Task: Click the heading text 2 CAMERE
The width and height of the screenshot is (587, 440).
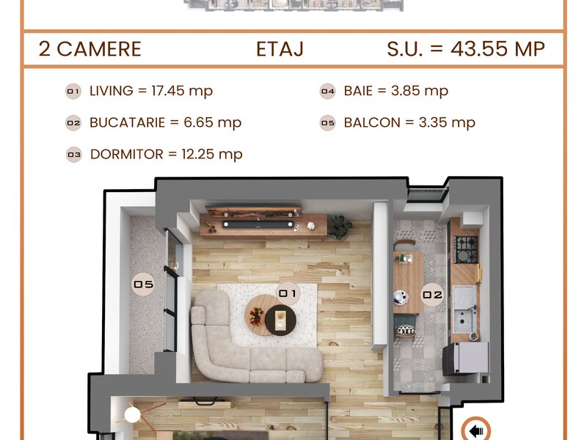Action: click(x=90, y=49)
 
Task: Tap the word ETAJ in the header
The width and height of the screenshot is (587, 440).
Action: click(x=280, y=49)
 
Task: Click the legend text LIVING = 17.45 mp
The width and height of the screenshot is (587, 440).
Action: click(x=151, y=91)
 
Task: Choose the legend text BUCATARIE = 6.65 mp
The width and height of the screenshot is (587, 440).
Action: click(x=166, y=122)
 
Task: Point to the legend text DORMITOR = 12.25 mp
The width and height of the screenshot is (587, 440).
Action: click(x=167, y=154)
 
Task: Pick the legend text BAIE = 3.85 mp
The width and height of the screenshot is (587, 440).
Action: click(x=396, y=91)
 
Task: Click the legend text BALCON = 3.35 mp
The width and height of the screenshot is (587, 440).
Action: click(x=409, y=122)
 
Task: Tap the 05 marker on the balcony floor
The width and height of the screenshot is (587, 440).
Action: click(x=143, y=285)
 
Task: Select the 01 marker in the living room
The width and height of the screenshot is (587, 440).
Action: click(x=288, y=293)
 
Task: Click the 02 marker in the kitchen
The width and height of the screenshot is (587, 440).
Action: click(x=432, y=295)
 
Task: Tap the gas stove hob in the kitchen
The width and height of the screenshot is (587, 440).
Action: click(x=466, y=249)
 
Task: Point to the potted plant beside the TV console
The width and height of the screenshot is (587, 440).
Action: click(x=340, y=227)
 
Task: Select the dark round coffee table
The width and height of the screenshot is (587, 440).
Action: click(x=281, y=320)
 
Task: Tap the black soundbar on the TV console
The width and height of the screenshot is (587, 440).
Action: click(x=258, y=224)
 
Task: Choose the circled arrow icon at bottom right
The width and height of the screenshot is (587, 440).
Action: click(x=475, y=430)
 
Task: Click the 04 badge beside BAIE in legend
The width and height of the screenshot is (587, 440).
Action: click(x=327, y=91)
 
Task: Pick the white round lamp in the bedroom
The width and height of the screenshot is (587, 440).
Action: click(x=132, y=414)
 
